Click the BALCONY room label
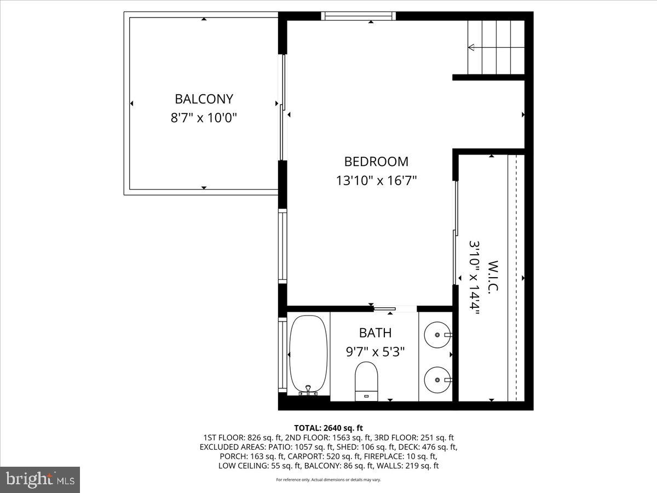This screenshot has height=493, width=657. click(x=204, y=99)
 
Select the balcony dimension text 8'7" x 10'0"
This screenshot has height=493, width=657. click(x=204, y=118)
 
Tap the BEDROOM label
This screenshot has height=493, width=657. click(x=376, y=162)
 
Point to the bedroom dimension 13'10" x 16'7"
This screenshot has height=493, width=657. click(x=376, y=181)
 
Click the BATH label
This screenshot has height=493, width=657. click(x=375, y=333)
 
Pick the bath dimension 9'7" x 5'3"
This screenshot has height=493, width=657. click(x=375, y=352)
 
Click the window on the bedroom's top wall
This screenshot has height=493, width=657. click(x=359, y=16)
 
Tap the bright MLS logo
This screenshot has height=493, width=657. click(x=40, y=480)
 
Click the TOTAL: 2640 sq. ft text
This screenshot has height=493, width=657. click(x=328, y=428)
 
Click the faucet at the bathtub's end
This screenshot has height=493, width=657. click(x=308, y=390)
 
